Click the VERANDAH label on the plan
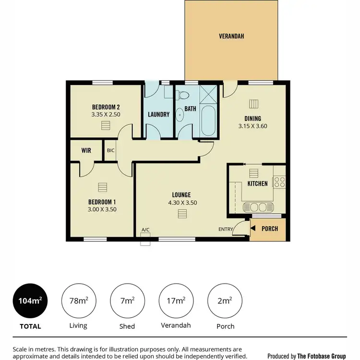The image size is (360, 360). click(230, 36)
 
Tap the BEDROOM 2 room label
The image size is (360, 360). click(106, 107)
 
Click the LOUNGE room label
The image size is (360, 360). click(181, 195)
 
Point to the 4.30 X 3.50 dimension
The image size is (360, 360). click(181, 203)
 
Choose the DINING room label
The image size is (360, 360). click(252, 119)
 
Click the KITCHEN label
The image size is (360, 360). click(257, 184)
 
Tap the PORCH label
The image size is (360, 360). click(269, 229)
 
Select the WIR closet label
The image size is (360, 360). click(86, 151)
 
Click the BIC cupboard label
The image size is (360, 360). click(110, 151)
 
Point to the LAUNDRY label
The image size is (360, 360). click(158, 115)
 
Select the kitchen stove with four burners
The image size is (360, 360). click(279, 181)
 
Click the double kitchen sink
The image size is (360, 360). click(258, 207)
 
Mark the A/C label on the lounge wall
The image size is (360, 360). click(145, 230)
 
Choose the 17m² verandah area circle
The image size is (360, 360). click(176, 301)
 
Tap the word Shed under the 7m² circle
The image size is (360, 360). click(127, 326)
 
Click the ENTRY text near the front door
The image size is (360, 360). click(226, 229)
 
